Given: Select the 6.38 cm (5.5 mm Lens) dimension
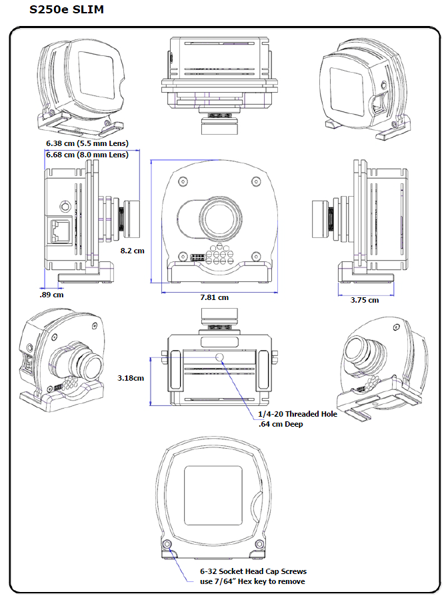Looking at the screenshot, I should [87, 143].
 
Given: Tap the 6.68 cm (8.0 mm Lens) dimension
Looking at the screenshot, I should [87, 155].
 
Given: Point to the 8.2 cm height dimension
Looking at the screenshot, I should [132, 251].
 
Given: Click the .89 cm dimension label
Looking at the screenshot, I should [52, 294].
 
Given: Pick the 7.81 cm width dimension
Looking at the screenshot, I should [214, 297].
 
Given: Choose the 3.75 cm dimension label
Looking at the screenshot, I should [364, 300].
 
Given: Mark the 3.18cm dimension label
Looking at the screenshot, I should [131, 378].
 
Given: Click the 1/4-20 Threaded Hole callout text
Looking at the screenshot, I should [297, 414].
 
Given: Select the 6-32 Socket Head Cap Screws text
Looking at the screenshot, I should [253, 571].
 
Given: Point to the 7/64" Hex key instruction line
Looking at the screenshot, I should [253, 581].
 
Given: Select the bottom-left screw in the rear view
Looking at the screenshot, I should [167, 545].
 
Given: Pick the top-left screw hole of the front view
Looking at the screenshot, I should [182, 181].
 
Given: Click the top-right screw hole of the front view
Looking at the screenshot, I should [257, 181].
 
